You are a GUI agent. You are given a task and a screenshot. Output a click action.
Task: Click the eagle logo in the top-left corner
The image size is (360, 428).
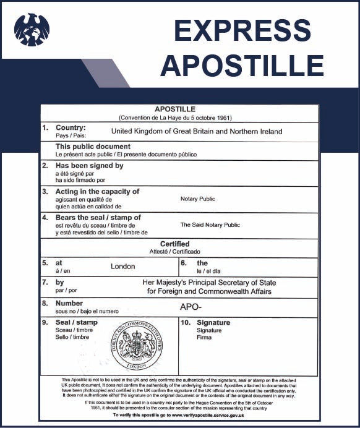(32, 29)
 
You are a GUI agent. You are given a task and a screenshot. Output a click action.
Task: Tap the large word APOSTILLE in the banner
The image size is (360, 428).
(242, 65)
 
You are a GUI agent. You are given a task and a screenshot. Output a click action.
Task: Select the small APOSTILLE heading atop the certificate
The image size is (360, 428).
(179, 109)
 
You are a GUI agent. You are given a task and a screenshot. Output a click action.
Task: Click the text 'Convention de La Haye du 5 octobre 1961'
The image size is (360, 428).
(179, 117)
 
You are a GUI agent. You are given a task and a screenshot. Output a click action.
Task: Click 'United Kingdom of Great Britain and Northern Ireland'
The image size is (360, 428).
(196, 131)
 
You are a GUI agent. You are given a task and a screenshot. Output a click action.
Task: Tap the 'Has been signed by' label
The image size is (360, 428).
(90, 166)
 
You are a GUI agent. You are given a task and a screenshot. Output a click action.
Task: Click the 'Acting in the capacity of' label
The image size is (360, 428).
(98, 192)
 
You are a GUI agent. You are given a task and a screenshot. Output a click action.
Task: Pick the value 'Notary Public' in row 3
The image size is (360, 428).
(197, 199)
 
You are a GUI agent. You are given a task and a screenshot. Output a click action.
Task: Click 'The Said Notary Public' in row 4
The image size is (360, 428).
(210, 225)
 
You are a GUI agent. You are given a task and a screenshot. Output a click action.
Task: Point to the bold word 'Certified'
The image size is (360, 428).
(174, 244)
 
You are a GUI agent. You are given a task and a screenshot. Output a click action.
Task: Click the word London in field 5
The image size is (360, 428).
(122, 267)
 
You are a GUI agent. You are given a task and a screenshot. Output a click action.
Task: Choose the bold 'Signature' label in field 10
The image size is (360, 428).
(213, 323)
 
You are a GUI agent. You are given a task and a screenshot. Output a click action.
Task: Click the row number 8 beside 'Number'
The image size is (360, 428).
(45, 304)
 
